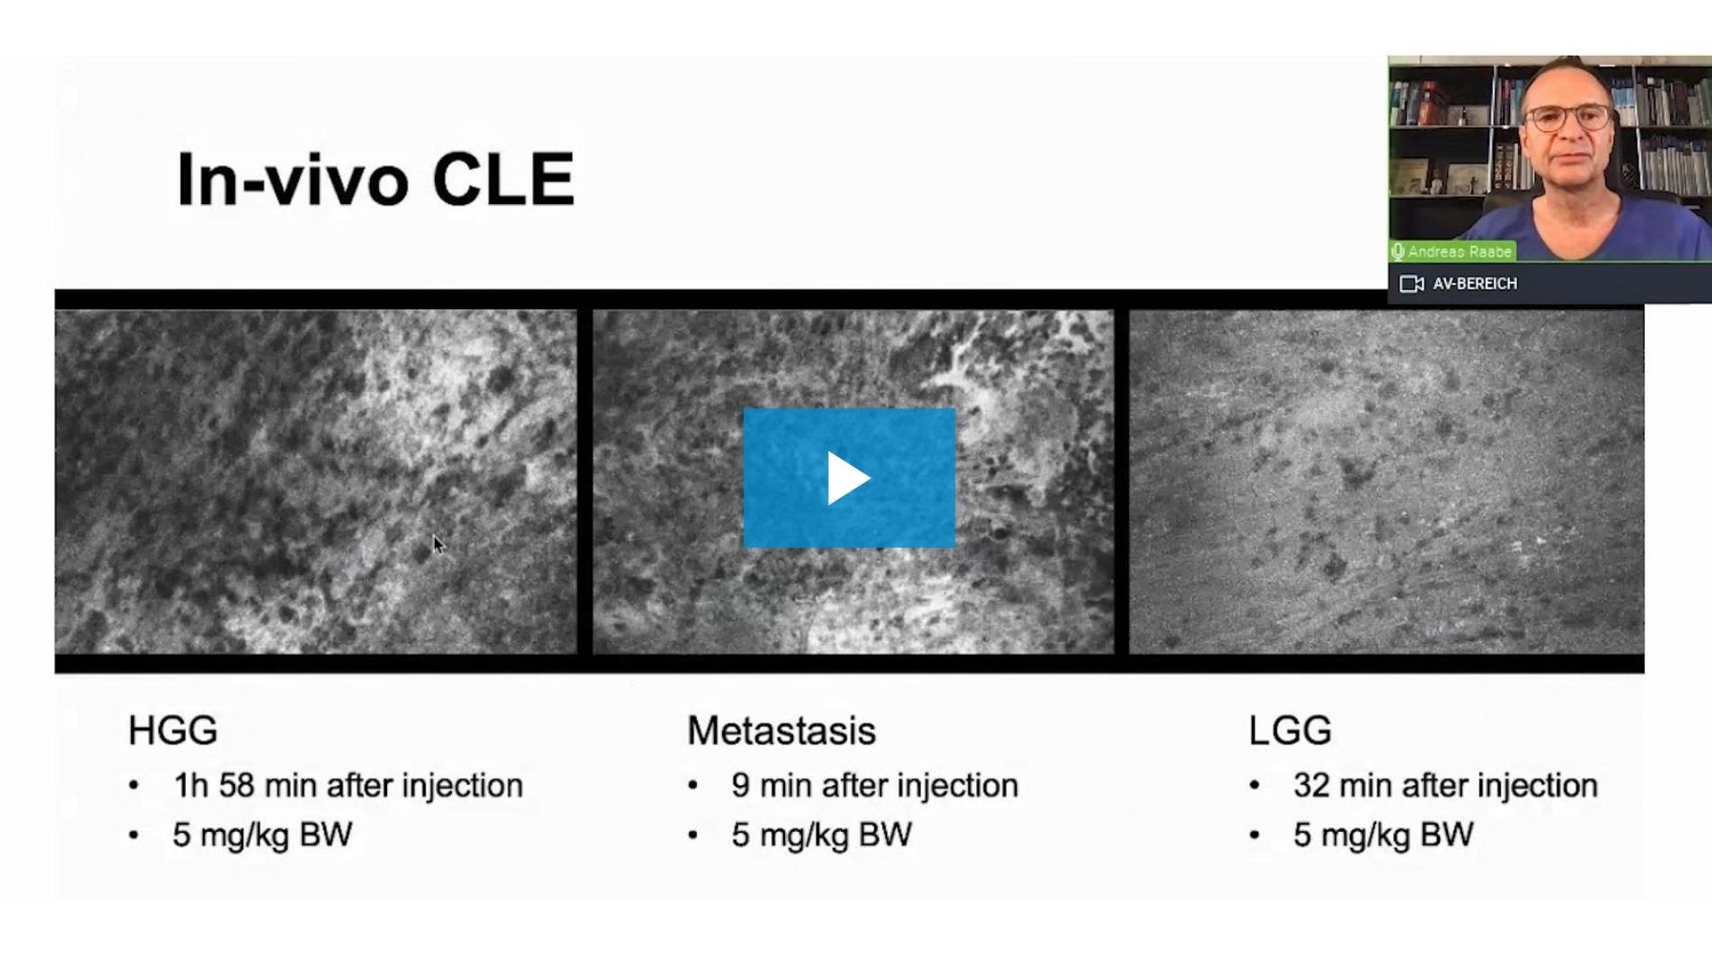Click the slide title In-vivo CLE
point(375,180)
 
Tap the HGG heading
point(172,730)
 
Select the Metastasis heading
point(781,730)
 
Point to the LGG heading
point(1289,730)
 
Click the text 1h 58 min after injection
point(348,785)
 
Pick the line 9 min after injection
point(874,785)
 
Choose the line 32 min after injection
point(1445,785)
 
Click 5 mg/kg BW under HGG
point(262,835)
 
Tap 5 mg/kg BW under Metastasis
point(821,835)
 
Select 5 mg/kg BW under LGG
point(1383,835)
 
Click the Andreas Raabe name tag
point(1452,252)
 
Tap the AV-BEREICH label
point(1475,284)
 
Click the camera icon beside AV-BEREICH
point(1411,284)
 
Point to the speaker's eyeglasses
point(1568,117)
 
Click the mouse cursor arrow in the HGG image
point(438,544)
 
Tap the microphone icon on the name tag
point(1398,252)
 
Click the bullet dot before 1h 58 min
point(134,786)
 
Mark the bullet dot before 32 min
point(1254,786)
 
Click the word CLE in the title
point(503,180)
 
